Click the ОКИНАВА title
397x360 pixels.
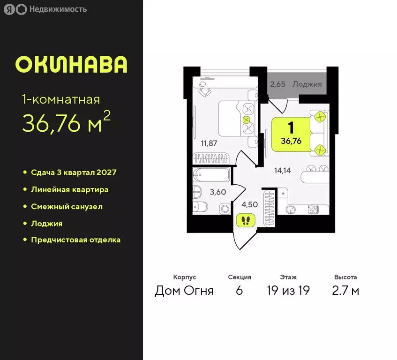[71, 65]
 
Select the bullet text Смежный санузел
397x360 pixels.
[67, 206]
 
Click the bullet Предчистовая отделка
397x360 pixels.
[75, 240]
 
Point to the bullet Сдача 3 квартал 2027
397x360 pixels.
[74, 172]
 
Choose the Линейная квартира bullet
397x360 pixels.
[69, 189]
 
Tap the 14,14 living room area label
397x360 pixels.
[283, 171]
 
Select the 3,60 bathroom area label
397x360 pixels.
[218, 192]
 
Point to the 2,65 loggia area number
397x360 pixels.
[278, 84]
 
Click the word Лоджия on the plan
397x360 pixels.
[307, 84]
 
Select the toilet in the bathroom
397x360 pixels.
[200, 208]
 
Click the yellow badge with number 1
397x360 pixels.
[291, 134]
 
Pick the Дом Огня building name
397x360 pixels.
[184, 291]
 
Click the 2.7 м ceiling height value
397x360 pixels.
[346, 291]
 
